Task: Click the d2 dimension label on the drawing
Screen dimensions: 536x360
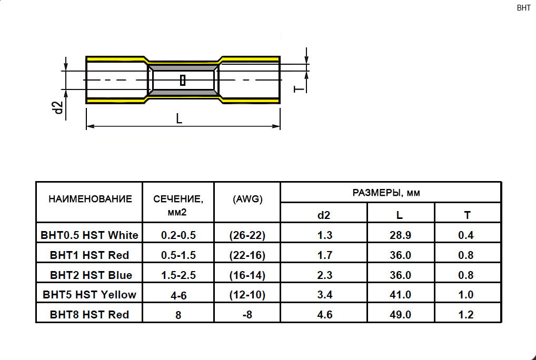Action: coord(59,107)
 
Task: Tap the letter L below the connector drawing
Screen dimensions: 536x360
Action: coord(179,118)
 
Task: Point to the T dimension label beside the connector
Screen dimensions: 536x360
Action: coord(299,89)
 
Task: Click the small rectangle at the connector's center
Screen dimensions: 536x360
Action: coord(183,80)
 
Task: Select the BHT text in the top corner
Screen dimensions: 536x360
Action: coord(523,8)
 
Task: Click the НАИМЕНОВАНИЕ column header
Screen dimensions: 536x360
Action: coord(90,199)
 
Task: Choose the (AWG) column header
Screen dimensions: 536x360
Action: coord(247,199)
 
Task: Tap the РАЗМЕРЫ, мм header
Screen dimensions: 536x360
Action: coord(386,193)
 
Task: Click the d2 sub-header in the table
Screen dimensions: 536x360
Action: coord(324,215)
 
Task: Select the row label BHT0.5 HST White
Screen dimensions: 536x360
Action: coord(89,235)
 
